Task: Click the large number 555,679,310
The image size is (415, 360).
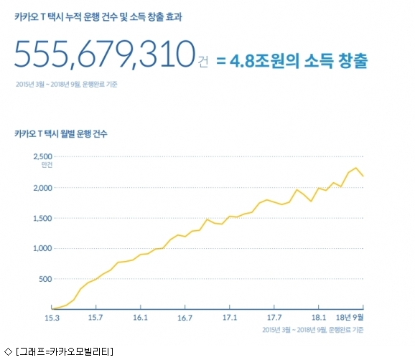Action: [x=105, y=55]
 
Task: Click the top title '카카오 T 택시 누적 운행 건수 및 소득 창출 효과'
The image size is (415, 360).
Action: [x=98, y=17]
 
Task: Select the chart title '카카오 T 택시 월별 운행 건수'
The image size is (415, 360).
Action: [x=61, y=133]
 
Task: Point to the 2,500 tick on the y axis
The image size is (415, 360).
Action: [x=42, y=156]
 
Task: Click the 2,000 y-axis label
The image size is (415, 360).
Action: [x=42, y=188]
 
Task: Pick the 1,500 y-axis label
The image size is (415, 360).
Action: [x=42, y=218]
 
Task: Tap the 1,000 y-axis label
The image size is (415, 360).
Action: [x=42, y=248]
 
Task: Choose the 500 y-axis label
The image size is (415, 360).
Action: [x=45, y=279]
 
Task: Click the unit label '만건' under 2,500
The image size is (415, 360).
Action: [x=47, y=165]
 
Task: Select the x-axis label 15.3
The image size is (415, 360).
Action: [x=52, y=318]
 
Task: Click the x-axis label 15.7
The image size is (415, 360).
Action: [x=95, y=318]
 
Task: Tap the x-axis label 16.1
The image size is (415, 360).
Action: [x=140, y=318]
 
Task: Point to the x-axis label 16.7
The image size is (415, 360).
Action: [x=185, y=318]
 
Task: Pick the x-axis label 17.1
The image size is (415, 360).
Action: [x=230, y=318]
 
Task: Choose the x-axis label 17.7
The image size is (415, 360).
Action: [x=274, y=318]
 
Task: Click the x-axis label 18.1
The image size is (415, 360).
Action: [x=319, y=318]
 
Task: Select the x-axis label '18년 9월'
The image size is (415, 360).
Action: [x=350, y=318]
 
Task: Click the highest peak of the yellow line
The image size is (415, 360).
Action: [x=356, y=168]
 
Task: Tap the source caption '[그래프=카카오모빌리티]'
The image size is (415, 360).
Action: [x=65, y=352]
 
